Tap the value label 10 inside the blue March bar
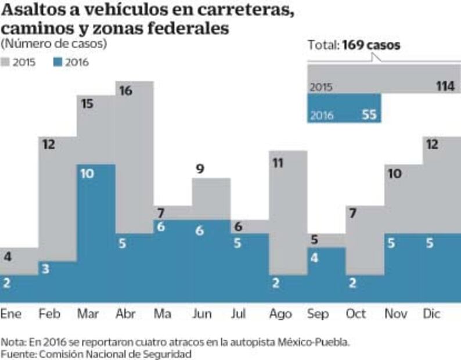(87, 174)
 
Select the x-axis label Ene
(11, 314)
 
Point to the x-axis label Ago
(280, 314)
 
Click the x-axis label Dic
(432, 314)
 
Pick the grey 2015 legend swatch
(8, 62)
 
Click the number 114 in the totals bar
(445, 87)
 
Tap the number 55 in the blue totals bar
(369, 115)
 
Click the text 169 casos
(371, 45)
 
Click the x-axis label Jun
(202, 314)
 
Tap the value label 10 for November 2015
(393, 174)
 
